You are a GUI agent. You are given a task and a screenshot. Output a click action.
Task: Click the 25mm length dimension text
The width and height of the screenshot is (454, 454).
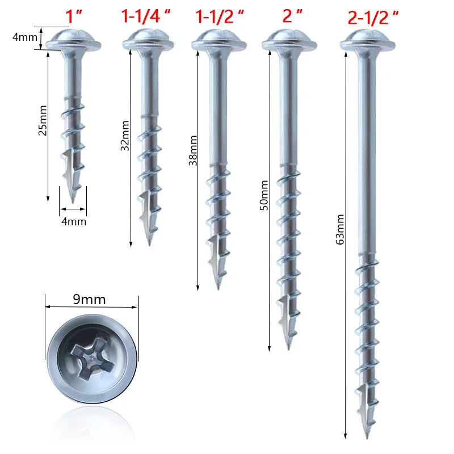[41, 123]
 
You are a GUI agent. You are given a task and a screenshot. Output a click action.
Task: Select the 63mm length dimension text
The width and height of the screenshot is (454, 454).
[340, 229]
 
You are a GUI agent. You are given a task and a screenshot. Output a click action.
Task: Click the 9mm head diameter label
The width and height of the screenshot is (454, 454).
[93, 299]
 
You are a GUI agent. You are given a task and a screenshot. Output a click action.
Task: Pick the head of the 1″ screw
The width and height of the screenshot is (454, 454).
[73, 40]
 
